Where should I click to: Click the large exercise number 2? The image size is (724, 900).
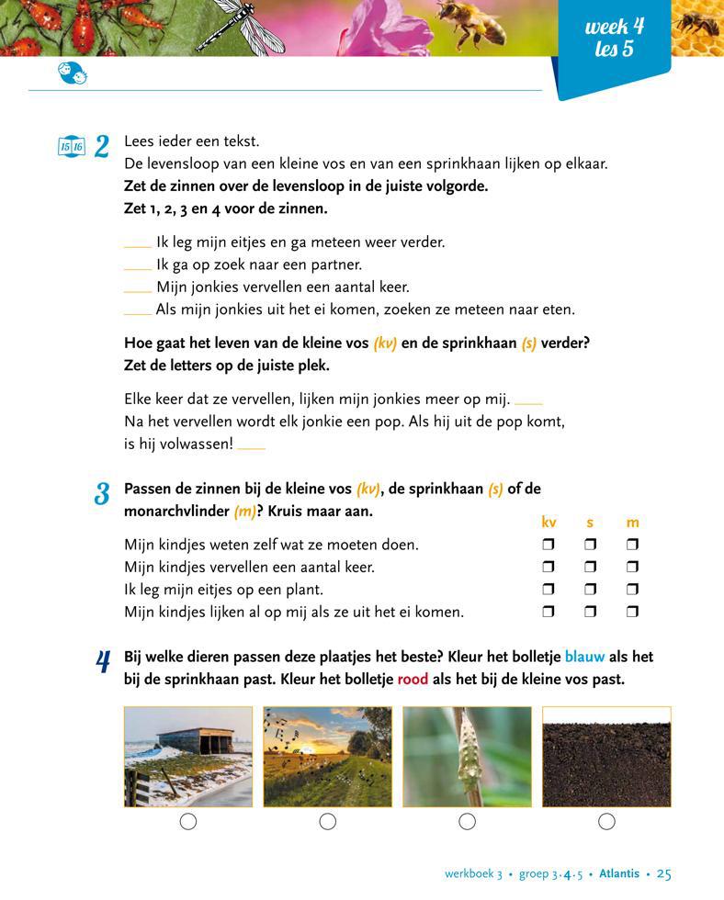102,146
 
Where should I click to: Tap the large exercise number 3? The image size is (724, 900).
102,493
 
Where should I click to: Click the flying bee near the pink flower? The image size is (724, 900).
472,22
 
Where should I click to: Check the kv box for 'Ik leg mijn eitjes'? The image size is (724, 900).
549,590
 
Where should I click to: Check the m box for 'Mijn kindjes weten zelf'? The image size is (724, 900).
632,545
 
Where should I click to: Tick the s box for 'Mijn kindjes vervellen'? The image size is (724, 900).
590,568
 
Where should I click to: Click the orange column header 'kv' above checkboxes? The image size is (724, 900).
549,523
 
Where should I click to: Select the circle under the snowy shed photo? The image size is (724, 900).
188,822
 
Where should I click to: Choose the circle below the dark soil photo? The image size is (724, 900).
606,822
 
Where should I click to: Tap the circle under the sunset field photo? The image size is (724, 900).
328,822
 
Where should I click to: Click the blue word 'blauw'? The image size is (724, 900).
584,658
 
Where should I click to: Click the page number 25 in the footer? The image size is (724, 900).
664,874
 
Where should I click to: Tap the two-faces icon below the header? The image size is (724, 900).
73,73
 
